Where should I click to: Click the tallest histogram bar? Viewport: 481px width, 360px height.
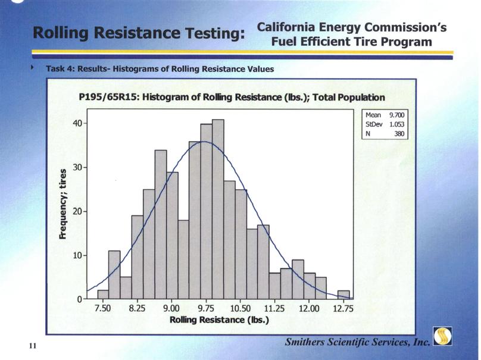[x=218, y=209]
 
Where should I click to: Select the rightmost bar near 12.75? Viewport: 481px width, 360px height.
[x=343, y=295]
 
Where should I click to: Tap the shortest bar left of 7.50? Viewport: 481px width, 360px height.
[x=102, y=295]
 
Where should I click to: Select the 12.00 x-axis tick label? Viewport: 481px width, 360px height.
[x=309, y=309]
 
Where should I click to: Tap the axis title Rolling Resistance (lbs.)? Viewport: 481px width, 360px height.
[x=219, y=320]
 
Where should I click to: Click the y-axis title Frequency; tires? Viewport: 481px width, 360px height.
[x=63, y=205]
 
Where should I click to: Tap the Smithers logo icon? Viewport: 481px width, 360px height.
[x=442, y=337]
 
